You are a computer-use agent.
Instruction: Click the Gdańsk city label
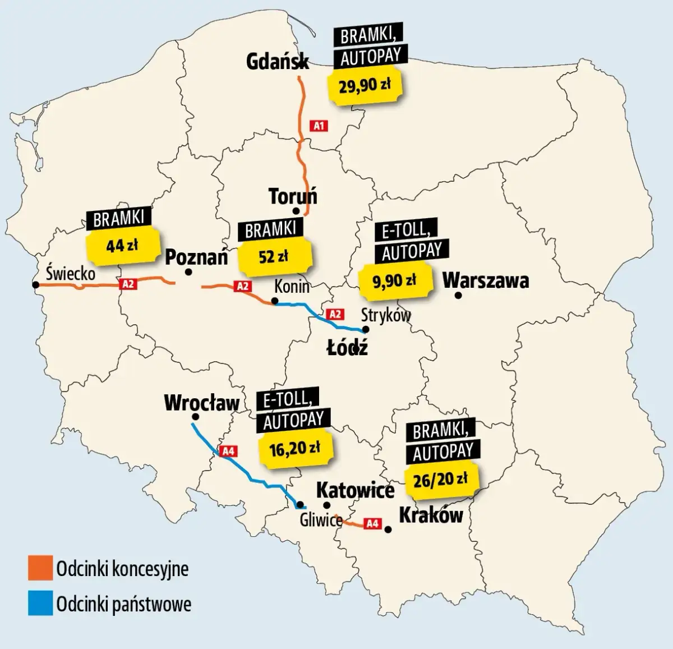278,61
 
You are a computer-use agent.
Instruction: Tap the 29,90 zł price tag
365,86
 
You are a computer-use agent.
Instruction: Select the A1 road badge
319,126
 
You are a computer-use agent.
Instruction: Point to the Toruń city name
293,196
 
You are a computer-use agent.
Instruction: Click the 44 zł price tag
122,245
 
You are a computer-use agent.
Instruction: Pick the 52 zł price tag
274,256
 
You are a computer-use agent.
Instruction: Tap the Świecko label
71,273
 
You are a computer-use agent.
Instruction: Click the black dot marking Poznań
188,272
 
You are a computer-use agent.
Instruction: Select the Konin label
292,286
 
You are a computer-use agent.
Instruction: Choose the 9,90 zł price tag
395,280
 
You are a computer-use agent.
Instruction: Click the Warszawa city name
486,280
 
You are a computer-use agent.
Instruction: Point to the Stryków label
386,315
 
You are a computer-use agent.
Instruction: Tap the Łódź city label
348,348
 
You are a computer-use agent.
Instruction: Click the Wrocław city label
201,402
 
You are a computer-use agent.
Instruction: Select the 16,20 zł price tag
295,448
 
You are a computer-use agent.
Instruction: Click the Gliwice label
321,520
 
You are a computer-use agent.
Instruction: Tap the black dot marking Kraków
388,529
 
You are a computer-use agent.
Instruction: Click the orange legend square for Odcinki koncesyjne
40,568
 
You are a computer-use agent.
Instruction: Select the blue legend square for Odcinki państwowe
40,604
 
